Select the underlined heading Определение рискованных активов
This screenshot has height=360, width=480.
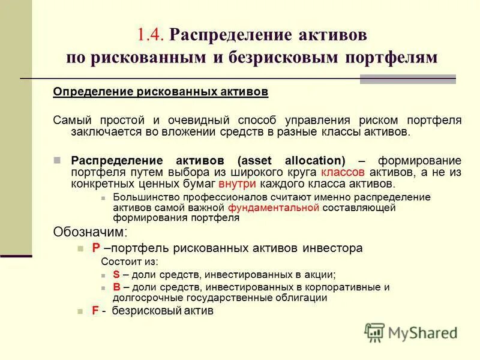point(161,92)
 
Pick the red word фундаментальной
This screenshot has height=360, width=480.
point(274,208)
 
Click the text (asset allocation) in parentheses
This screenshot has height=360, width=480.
point(292,161)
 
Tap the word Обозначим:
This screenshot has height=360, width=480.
point(90,232)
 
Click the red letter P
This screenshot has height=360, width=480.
point(95,248)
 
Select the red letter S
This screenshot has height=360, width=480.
point(116,274)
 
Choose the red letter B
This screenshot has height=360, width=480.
point(116,287)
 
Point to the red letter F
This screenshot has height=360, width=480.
point(95,311)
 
